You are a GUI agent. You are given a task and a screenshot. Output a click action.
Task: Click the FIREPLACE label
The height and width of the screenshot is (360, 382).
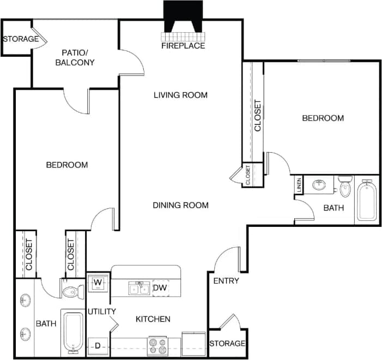183,46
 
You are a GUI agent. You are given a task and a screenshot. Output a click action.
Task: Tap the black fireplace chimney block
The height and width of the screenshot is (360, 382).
183,16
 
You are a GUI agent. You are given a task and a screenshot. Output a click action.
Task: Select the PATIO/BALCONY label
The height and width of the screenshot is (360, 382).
75,57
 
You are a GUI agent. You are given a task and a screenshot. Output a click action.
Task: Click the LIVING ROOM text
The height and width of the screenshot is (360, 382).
180,95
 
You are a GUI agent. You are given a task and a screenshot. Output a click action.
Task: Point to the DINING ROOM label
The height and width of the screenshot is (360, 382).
180,205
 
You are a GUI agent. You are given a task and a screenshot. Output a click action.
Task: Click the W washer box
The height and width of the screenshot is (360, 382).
98,283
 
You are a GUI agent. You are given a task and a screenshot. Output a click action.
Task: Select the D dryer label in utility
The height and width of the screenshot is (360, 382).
98,345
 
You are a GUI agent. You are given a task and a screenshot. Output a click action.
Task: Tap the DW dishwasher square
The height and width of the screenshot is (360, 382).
160,287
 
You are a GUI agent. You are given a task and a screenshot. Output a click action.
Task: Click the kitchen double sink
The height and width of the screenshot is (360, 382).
139,288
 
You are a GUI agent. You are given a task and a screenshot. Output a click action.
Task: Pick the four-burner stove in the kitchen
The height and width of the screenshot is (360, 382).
158,346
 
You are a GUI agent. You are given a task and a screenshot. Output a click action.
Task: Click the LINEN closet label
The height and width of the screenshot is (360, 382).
299,185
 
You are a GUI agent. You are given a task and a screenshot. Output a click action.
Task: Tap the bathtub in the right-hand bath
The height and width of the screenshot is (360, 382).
367,202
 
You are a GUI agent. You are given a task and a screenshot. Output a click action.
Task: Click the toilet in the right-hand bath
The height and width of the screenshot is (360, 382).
345,187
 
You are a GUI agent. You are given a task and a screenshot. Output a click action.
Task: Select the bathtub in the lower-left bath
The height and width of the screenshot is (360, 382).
72,331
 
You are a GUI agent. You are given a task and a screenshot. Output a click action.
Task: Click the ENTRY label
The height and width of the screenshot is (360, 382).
226,281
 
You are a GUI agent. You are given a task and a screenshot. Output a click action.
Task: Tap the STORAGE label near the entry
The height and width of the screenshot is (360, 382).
227,344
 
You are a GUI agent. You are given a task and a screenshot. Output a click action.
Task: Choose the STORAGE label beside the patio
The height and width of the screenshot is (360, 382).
21,39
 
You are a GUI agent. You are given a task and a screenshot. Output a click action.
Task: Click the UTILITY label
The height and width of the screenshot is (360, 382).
102,311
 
